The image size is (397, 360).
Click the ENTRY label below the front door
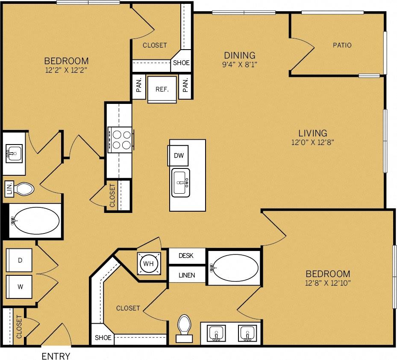(x=56, y=356)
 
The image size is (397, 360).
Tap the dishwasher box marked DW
(x=179, y=156)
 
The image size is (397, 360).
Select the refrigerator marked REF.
(x=162, y=89)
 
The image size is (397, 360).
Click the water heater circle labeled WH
(x=148, y=263)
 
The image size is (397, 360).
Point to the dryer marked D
(x=20, y=260)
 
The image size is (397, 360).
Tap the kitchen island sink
(x=181, y=183)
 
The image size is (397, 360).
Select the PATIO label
(x=342, y=45)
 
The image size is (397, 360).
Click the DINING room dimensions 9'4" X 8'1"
(x=240, y=65)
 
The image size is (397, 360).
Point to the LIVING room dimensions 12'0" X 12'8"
(x=312, y=142)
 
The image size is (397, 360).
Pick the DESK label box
(x=186, y=256)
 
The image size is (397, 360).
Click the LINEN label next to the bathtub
(x=186, y=275)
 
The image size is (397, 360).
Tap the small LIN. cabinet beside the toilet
(x=9, y=189)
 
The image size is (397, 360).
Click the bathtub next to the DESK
(x=234, y=268)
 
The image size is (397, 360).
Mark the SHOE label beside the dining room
(x=181, y=63)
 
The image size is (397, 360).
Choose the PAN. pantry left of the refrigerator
(x=139, y=88)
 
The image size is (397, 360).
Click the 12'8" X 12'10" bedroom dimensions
(x=328, y=283)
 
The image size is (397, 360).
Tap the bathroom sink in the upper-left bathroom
(x=14, y=152)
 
